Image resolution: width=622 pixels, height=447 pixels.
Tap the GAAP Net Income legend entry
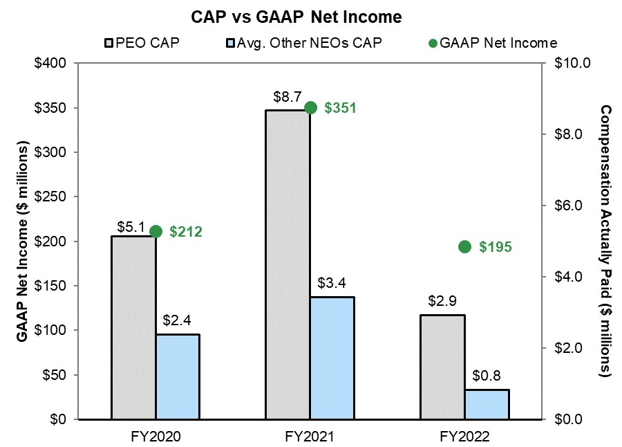[x=492, y=43]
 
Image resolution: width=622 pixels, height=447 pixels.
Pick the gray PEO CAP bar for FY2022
[x=443, y=367]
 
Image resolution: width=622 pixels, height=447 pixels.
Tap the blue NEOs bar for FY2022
[x=487, y=404]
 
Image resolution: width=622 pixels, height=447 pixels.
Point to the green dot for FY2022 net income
[x=465, y=247]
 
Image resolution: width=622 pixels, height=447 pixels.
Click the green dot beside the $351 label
[x=310, y=107]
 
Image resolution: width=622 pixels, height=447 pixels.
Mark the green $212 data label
[x=185, y=232]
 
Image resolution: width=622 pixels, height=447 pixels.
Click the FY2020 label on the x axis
[x=155, y=437]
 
